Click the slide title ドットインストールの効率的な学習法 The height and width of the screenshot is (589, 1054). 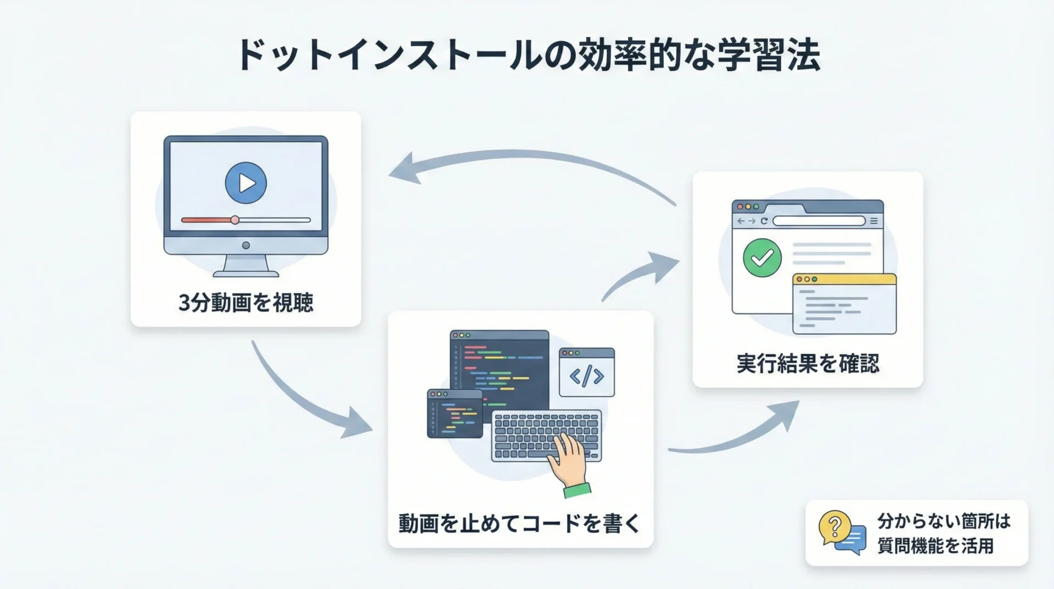tap(527, 55)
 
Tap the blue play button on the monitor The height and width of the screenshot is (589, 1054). tap(246, 183)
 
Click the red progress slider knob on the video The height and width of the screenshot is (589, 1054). tap(235, 220)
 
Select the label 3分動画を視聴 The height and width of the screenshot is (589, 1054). tap(246, 303)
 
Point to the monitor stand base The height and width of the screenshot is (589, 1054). tap(246, 273)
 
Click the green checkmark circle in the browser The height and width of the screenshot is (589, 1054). tap(762, 258)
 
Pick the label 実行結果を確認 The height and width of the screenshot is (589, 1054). tap(808, 364)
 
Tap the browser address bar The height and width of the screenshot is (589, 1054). tap(818, 221)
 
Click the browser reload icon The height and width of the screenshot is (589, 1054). tap(764, 221)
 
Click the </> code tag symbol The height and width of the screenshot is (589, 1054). tap(586, 376)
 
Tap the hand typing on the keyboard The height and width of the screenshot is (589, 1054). tap(569, 460)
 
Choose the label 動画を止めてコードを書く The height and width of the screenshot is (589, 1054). tap(519, 524)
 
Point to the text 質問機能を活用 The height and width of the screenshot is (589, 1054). tap(935, 546)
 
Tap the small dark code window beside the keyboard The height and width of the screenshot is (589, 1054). tap(455, 414)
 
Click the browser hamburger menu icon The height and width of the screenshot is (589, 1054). tap(874, 221)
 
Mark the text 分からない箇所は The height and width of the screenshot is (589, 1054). tap(944, 521)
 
